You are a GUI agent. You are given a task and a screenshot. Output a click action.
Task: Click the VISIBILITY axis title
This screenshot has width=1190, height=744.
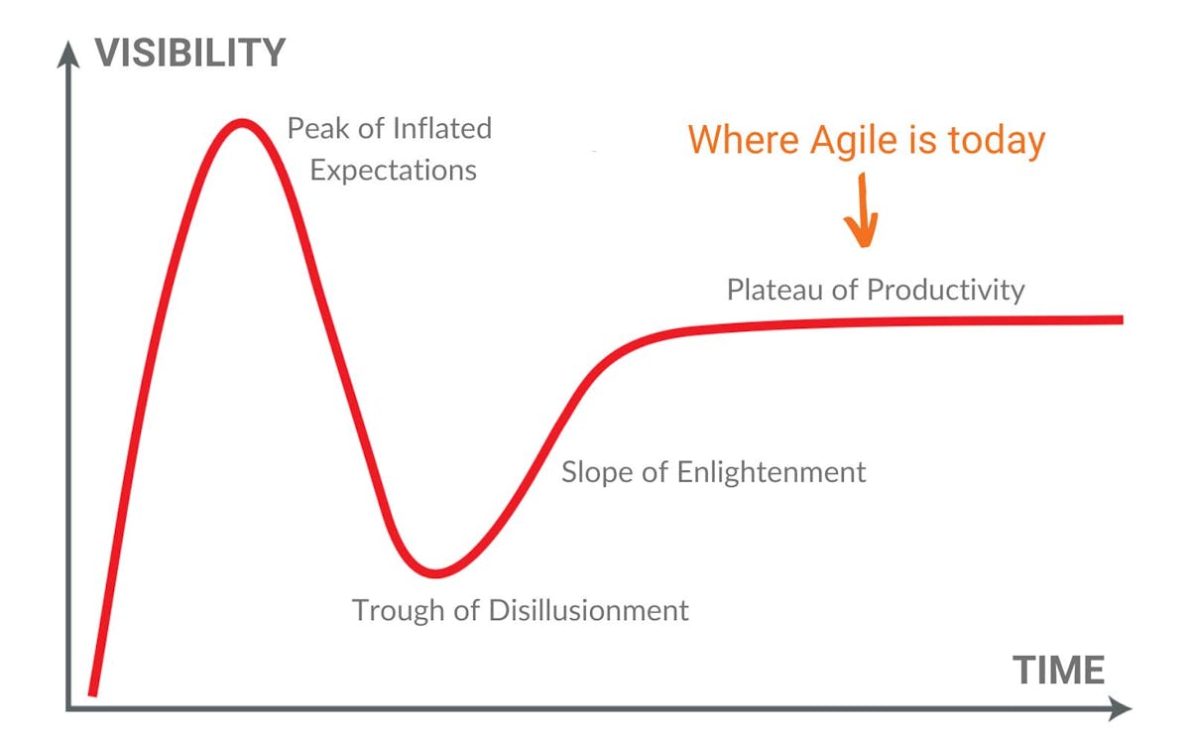[x=190, y=52]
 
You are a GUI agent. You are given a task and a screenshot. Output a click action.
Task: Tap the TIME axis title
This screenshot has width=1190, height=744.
[x=1058, y=671]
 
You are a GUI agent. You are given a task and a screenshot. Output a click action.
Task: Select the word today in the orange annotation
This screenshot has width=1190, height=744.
[x=995, y=140]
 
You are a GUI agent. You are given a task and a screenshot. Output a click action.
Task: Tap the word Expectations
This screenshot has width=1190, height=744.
[x=393, y=170]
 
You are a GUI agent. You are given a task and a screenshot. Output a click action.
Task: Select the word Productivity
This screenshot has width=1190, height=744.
[x=945, y=290]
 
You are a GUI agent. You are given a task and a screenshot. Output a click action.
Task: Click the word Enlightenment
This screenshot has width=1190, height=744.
[x=772, y=471]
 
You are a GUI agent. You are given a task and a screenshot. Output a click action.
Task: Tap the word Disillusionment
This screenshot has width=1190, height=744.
[x=589, y=609]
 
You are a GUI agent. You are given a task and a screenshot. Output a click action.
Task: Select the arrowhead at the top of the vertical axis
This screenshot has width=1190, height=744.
[x=67, y=52]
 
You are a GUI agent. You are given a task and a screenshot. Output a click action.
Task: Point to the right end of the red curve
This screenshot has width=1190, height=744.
[x=1121, y=319]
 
